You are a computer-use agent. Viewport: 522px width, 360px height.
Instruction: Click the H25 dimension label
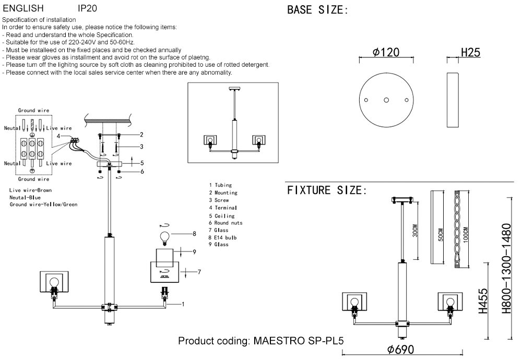point(470,52)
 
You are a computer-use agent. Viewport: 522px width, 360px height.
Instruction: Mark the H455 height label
point(483,302)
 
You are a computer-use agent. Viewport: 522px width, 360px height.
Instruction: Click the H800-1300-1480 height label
point(506,268)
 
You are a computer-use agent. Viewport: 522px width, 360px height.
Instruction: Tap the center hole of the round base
point(386,100)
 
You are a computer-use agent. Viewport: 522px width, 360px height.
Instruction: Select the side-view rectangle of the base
point(452,100)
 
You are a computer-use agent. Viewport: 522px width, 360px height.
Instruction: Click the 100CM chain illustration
point(459,229)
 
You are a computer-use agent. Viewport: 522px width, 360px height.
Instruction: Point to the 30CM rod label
point(415,231)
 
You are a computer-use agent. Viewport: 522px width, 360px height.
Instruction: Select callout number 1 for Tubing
point(183,304)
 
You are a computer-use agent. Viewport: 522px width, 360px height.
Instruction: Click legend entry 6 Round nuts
point(226,223)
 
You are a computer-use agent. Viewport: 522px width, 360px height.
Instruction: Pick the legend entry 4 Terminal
point(223,208)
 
